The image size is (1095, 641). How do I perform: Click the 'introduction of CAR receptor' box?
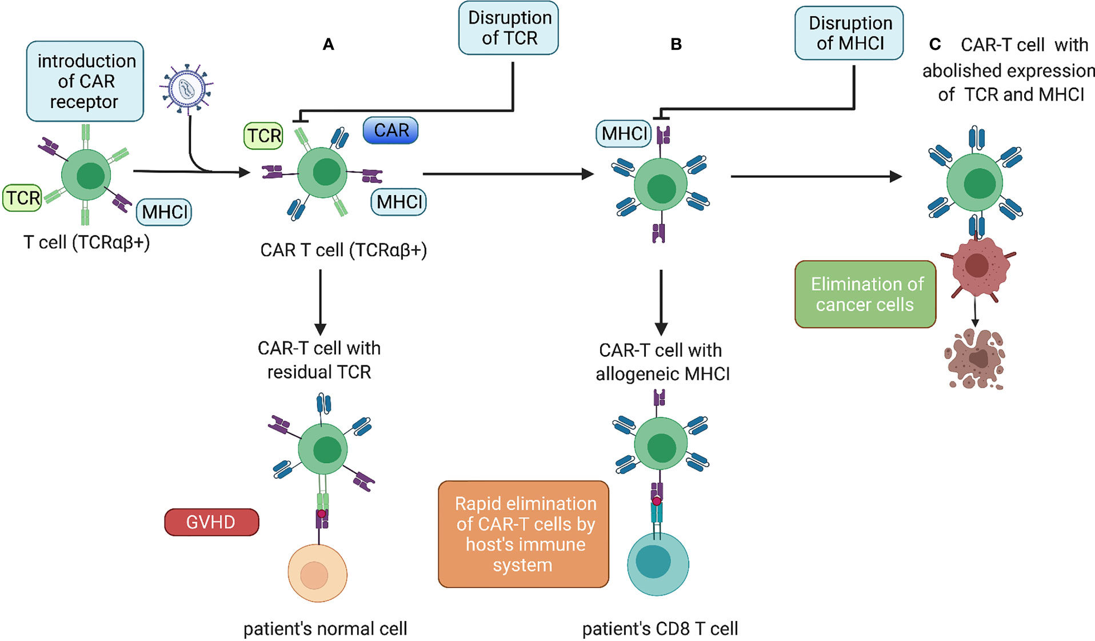[x=85, y=81]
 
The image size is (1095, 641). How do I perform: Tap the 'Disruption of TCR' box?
[x=509, y=28]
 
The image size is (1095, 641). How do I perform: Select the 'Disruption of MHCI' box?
[x=849, y=33]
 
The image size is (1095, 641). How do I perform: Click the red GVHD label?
[x=211, y=522]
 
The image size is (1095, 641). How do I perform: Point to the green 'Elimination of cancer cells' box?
[x=865, y=294]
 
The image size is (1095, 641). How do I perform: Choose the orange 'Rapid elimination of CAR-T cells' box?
[x=523, y=534]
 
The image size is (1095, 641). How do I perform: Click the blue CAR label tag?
[x=391, y=130]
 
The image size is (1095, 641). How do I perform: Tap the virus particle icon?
[x=186, y=89]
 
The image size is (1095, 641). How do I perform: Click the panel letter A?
[x=328, y=45]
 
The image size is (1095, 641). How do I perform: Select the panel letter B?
[x=676, y=45]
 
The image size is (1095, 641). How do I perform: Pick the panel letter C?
[x=935, y=45]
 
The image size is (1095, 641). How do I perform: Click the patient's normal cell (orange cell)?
[x=317, y=574]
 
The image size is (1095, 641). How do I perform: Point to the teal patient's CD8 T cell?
[x=658, y=563]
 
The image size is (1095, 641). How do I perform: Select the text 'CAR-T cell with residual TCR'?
[x=319, y=360]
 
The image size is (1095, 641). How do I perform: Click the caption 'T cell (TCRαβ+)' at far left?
[x=87, y=242]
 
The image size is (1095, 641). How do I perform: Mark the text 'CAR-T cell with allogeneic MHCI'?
[x=662, y=362]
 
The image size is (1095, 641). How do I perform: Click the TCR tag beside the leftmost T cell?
[x=22, y=198]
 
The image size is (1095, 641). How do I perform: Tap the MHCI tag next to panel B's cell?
[x=624, y=133]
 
